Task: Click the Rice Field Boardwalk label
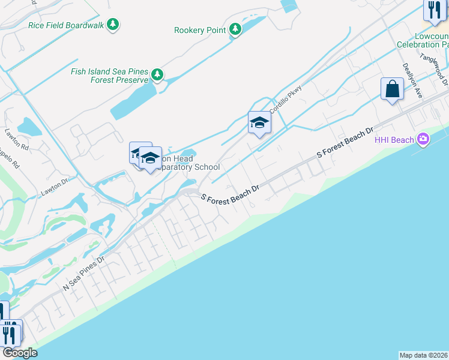66,25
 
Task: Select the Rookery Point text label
200,30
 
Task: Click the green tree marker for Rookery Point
235,29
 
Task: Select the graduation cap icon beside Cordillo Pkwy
259,122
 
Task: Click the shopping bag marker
392,89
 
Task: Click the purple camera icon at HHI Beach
424,139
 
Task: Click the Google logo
19,353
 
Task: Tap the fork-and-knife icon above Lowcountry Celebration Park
433,10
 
